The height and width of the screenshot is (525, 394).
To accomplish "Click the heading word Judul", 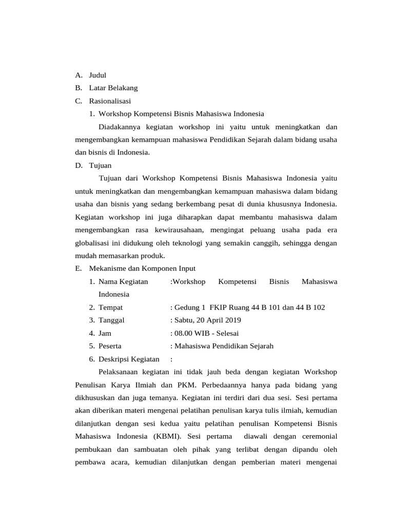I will [97, 75].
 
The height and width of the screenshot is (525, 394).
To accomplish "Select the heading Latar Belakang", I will [113, 88].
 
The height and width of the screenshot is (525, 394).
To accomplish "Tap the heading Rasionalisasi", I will [110, 101].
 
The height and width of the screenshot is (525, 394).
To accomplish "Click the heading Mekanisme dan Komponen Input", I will [142, 268].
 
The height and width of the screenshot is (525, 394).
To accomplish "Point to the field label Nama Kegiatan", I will [123, 281].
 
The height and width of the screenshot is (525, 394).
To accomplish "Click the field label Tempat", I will [110, 307].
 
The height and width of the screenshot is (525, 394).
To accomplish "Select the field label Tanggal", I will [111, 320].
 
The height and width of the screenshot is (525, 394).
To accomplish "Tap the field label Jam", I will [105, 333].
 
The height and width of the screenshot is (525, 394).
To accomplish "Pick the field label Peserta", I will [110, 346].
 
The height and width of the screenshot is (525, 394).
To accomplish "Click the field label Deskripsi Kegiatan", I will [129, 359].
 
